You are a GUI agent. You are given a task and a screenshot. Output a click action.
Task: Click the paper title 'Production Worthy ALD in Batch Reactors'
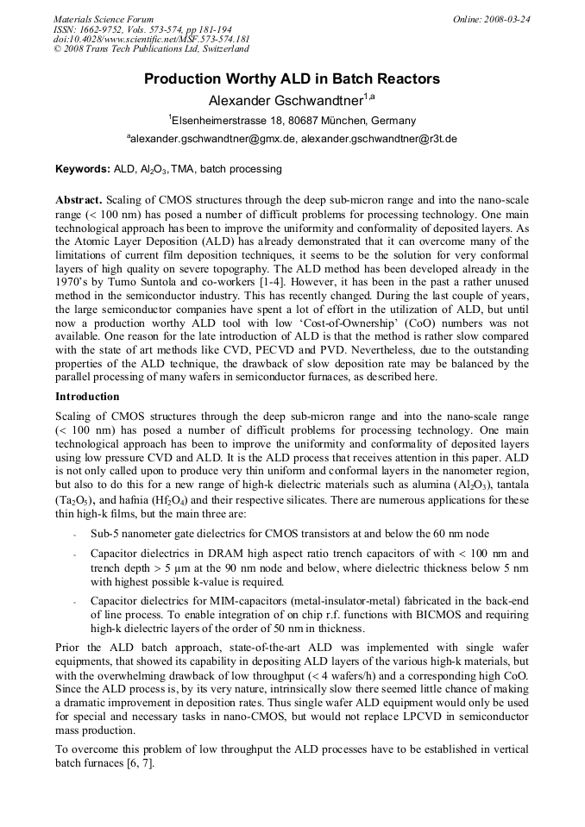(292, 79)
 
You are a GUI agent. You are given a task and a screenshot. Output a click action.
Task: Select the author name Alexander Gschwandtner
(292, 101)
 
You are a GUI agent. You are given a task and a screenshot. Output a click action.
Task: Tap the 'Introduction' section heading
(87, 397)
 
